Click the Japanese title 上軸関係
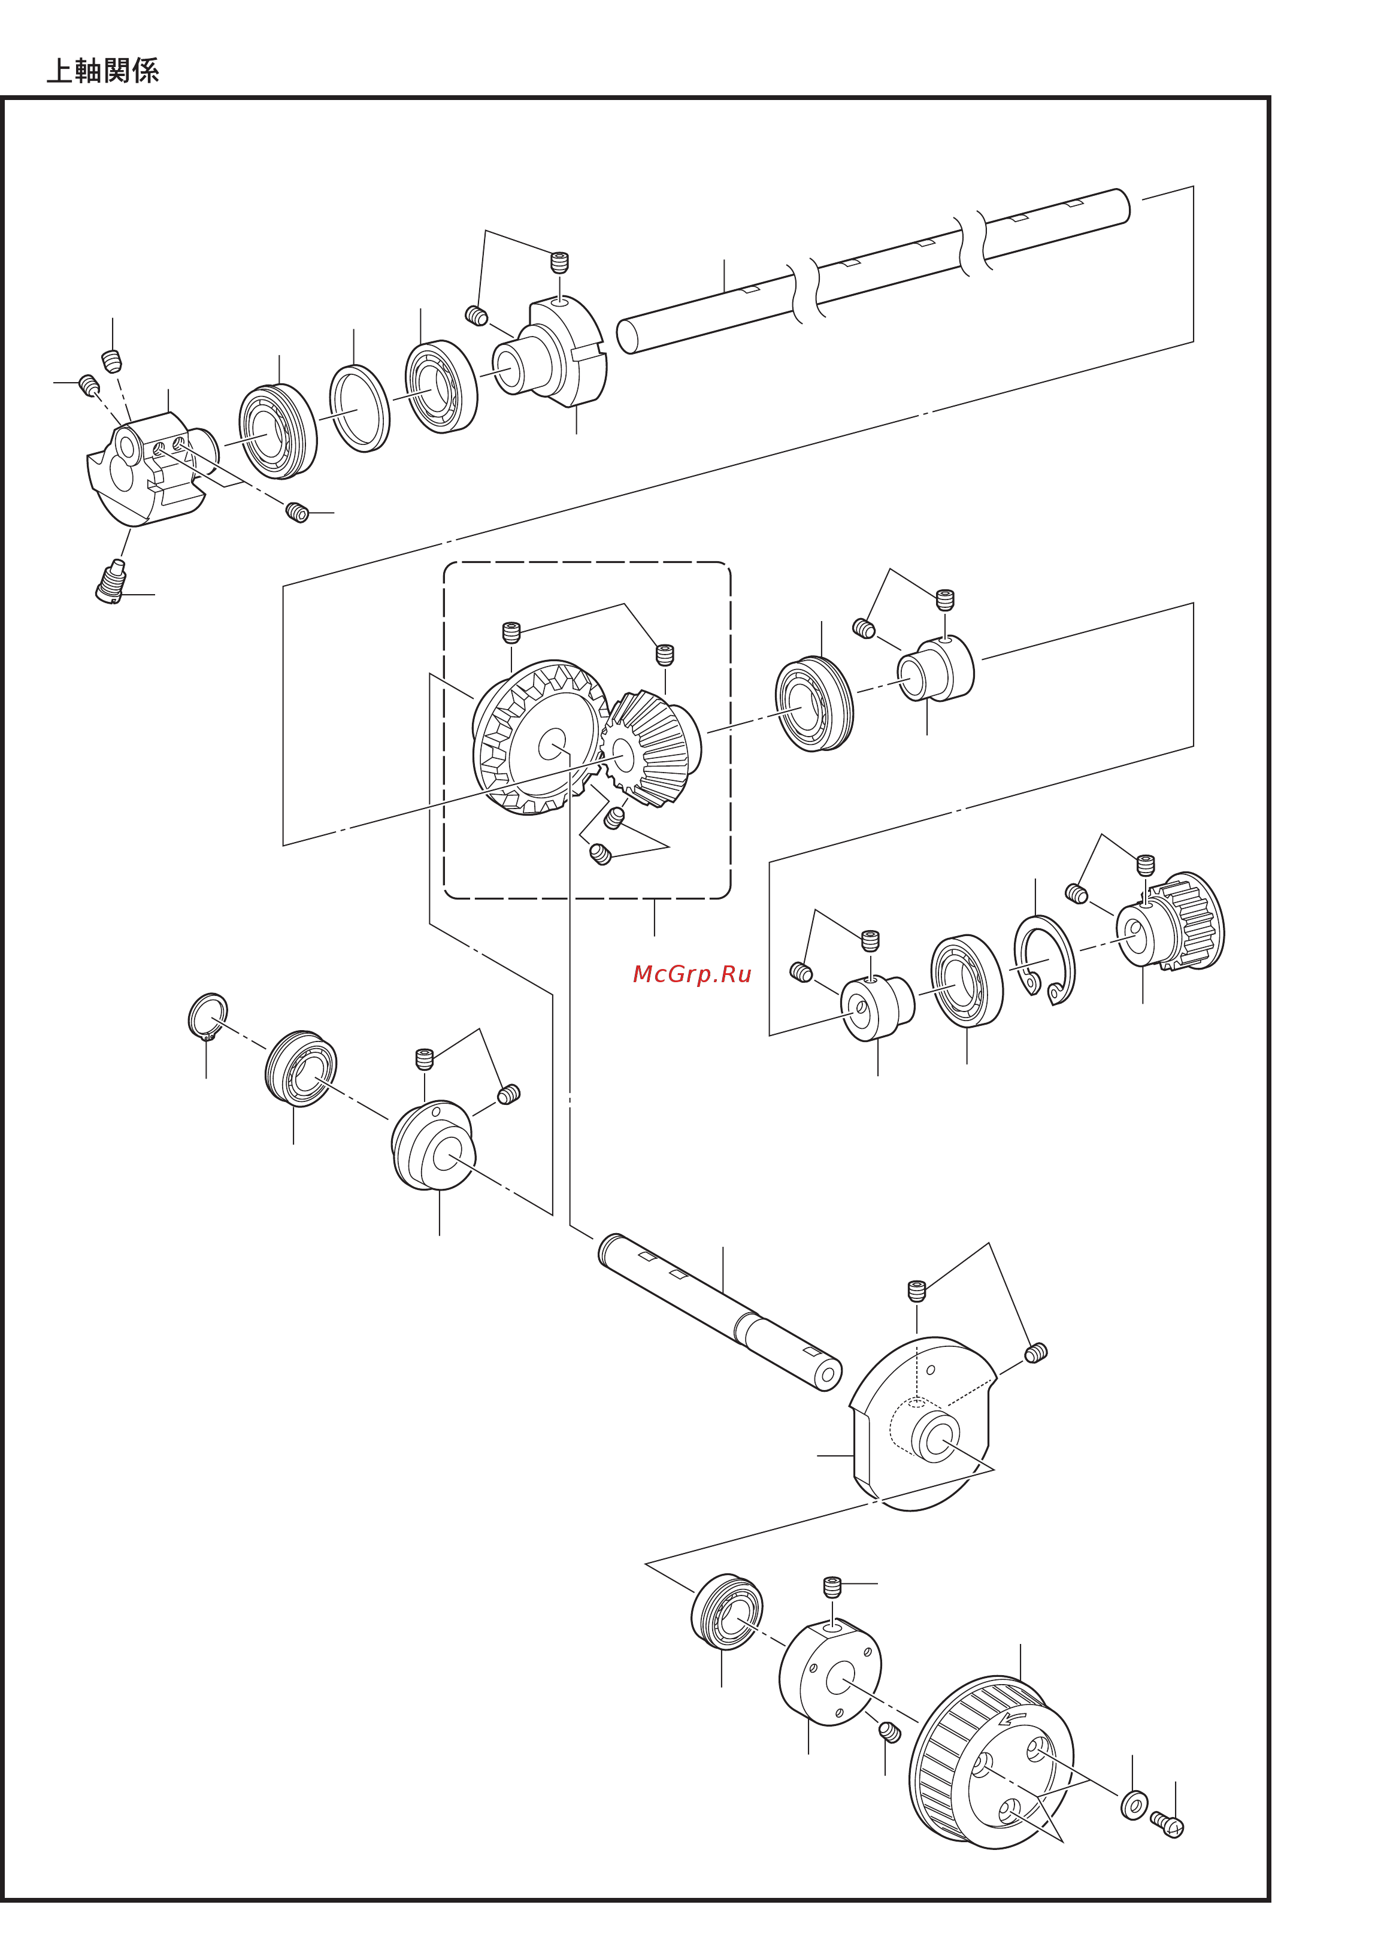[x=102, y=71]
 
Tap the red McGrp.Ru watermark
[x=692, y=974]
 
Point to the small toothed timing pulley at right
[x=1171, y=921]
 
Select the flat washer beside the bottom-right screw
[x=1134, y=1804]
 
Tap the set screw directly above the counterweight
[x=916, y=1291]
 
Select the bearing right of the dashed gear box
[x=814, y=703]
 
